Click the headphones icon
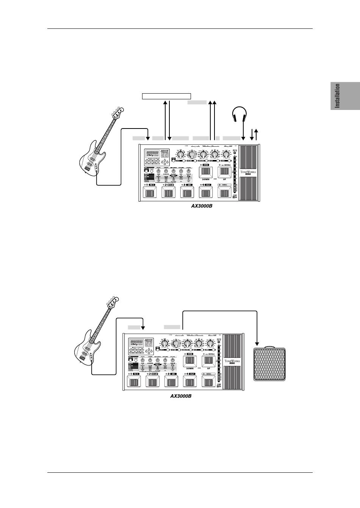[239, 113]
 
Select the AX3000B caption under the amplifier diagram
[180, 396]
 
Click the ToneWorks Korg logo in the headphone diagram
[248, 173]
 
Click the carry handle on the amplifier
[268, 347]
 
